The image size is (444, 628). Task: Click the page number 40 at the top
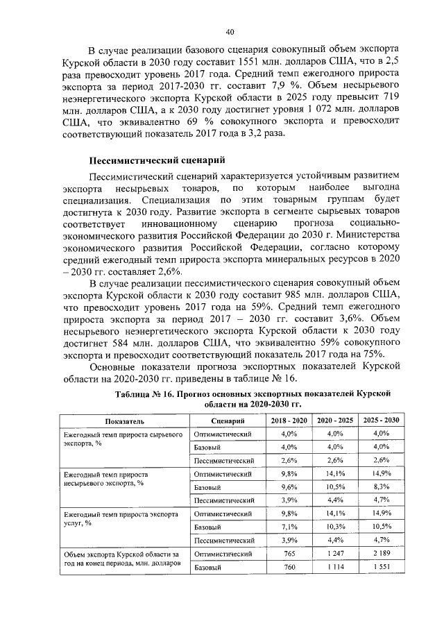coord(230,31)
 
